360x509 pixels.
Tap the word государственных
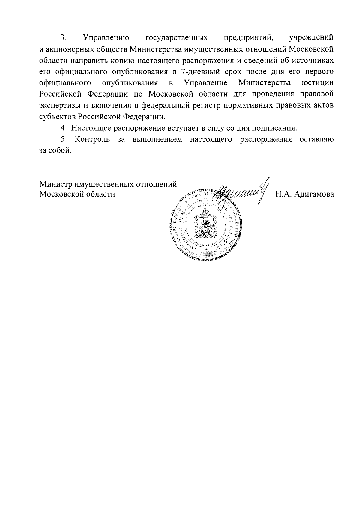tap(177, 38)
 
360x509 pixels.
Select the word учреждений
tap(311, 38)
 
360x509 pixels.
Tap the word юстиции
tap(318, 82)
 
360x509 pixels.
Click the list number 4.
tap(63, 128)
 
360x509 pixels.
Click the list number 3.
tap(63, 38)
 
